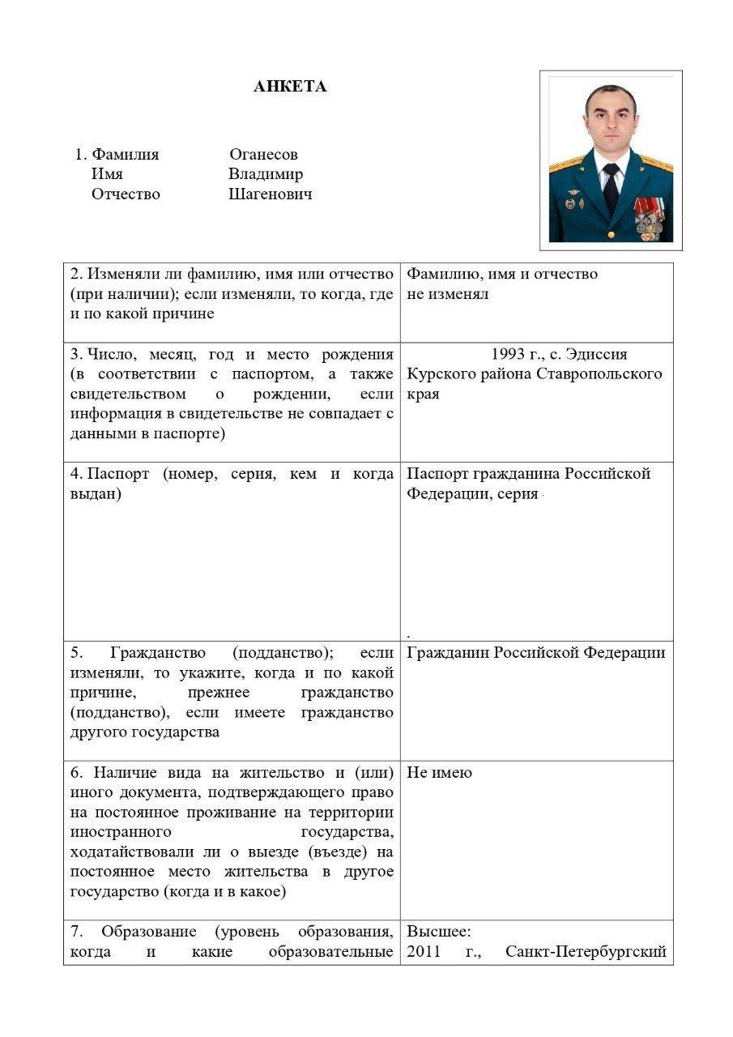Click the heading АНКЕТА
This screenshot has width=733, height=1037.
[290, 87]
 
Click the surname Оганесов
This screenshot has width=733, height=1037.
[263, 155]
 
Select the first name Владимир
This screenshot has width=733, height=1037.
[266, 174]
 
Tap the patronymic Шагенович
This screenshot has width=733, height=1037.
[270, 194]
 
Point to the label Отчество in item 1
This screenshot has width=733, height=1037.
[126, 194]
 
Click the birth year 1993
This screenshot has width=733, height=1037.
[509, 355]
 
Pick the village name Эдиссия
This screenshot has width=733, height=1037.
[598, 355]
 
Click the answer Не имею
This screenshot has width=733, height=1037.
[439, 773]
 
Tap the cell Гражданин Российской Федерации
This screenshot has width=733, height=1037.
[536, 653]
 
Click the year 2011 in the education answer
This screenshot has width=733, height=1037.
[424, 952]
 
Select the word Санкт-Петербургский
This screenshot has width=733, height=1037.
[586, 952]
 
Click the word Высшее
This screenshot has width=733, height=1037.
[438, 932]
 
